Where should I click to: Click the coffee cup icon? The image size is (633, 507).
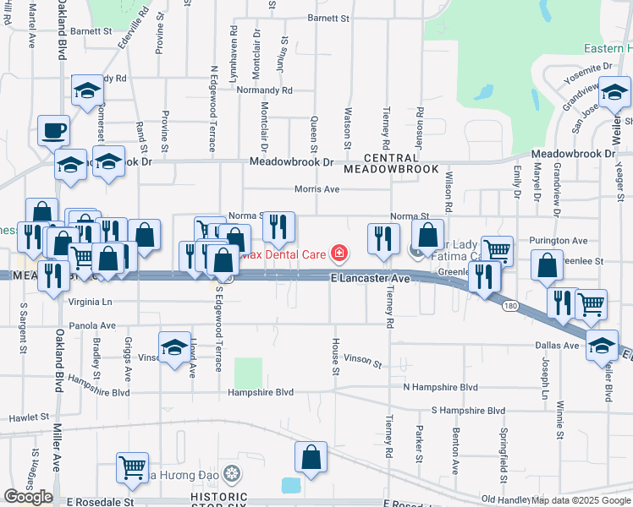coord(55,130)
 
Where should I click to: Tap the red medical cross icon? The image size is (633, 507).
coord(339,252)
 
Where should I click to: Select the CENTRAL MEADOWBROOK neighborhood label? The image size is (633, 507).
coord(392,165)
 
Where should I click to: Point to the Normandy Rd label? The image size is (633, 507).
coord(264,90)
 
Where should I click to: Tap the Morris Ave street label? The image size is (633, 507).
coord(316,189)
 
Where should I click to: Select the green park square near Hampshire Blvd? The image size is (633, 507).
coord(248,373)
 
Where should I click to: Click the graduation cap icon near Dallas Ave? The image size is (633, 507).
coord(603,346)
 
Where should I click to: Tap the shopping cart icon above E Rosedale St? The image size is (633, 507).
coord(133,466)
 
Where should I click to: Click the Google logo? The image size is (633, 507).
coord(28,497)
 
